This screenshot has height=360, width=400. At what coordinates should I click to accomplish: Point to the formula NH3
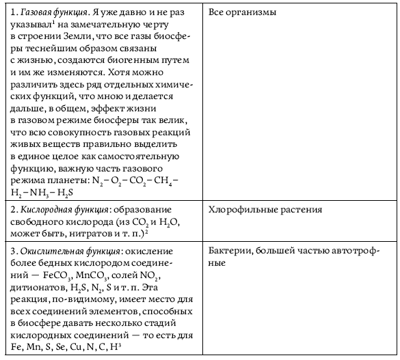[45, 193]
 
